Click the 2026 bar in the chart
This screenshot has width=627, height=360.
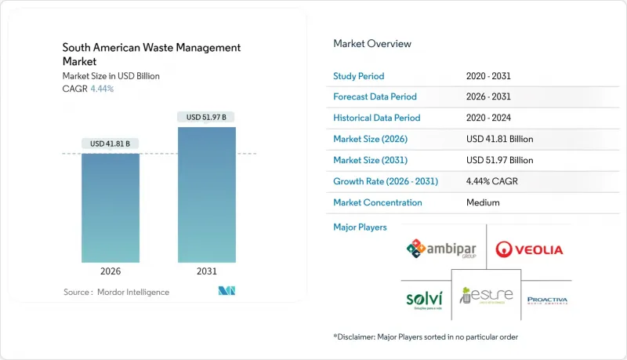point(111,207)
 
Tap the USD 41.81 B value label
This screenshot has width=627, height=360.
point(111,144)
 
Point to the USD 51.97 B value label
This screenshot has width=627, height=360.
point(207,117)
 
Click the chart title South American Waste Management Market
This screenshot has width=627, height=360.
point(150,55)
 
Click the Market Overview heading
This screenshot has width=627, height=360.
point(372,44)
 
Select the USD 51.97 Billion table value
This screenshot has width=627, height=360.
point(499,160)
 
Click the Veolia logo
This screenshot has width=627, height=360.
point(529,250)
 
